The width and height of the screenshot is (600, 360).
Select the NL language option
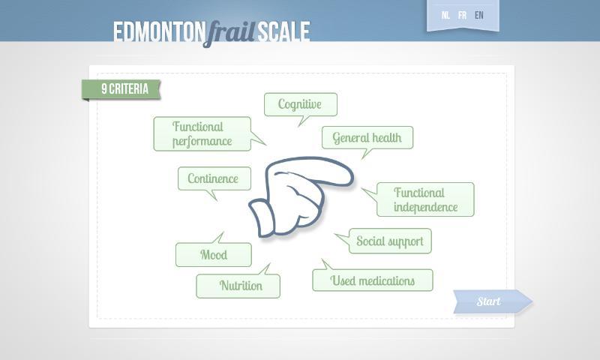pyautogui.click(x=446, y=15)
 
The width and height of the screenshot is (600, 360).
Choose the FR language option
pyautogui.click(x=462, y=15)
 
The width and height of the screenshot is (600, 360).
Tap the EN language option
pyautogui.click(x=478, y=15)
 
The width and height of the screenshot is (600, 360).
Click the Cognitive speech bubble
pyautogui.click(x=300, y=104)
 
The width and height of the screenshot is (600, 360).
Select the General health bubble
pyautogui.click(x=367, y=137)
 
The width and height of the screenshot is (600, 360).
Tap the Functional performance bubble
pyautogui.click(x=201, y=133)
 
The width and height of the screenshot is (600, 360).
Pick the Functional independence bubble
pyautogui.click(x=425, y=199)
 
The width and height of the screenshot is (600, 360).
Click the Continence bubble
pyautogui.click(x=214, y=178)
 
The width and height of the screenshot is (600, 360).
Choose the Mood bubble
pyautogui.click(x=213, y=255)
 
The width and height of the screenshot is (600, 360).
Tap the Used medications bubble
pyautogui.click(x=373, y=280)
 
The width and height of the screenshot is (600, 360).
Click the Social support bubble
pyautogui.click(x=389, y=241)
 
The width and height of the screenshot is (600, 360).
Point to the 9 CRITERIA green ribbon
pyautogui.click(x=123, y=89)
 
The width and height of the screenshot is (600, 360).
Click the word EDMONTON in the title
pyautogui.click(x=158, y=31)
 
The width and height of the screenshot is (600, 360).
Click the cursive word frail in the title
pyautogui.click(x=229, y=32)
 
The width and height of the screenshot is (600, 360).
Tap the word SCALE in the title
pyautogui.click(x=283, y=31)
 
